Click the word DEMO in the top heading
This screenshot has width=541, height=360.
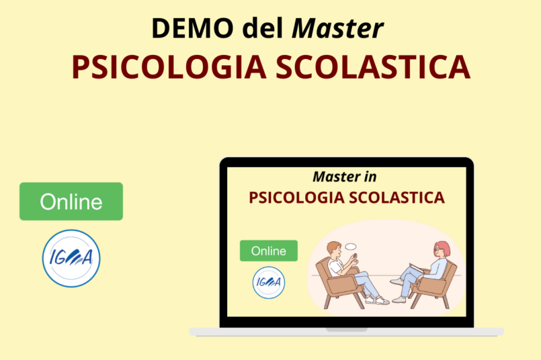192,28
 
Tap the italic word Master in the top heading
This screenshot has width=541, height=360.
338,28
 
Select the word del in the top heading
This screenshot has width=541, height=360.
263,28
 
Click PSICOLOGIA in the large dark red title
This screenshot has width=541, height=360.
169,67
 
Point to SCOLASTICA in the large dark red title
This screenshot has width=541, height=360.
373,67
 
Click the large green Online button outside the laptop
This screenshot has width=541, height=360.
71,201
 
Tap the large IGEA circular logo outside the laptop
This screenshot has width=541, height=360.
71,259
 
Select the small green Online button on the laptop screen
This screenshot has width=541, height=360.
268,251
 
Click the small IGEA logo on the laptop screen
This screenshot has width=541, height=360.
268,282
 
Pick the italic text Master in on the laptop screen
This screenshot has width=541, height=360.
344,177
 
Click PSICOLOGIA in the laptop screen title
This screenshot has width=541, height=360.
297,198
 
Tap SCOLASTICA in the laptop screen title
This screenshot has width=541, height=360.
397,198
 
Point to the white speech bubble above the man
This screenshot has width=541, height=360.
351,246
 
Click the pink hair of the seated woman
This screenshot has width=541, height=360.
443,248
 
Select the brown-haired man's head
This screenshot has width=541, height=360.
334,250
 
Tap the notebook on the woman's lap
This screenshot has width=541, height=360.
417,268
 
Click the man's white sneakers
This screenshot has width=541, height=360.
377,300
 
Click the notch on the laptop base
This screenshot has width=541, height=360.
346,330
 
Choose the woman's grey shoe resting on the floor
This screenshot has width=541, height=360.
399,300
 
